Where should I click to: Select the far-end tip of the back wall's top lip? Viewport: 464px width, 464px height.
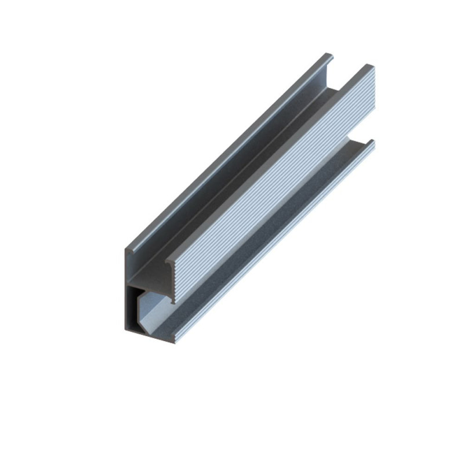click(329, 56)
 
